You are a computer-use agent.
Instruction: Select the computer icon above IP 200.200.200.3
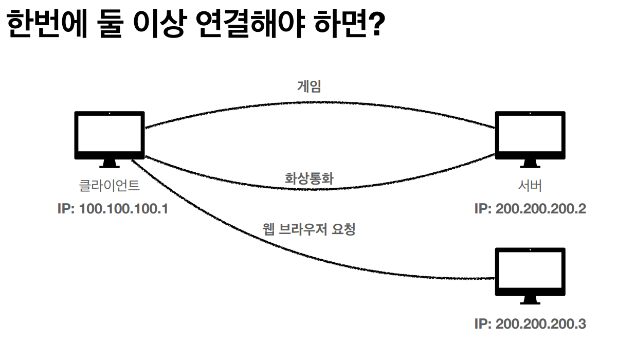point(530,272)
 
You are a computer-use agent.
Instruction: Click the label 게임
point(309,85)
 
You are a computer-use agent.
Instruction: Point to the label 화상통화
point(310,178)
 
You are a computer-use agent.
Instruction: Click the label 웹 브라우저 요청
point(309,229)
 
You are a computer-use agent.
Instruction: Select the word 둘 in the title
point(112,26)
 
